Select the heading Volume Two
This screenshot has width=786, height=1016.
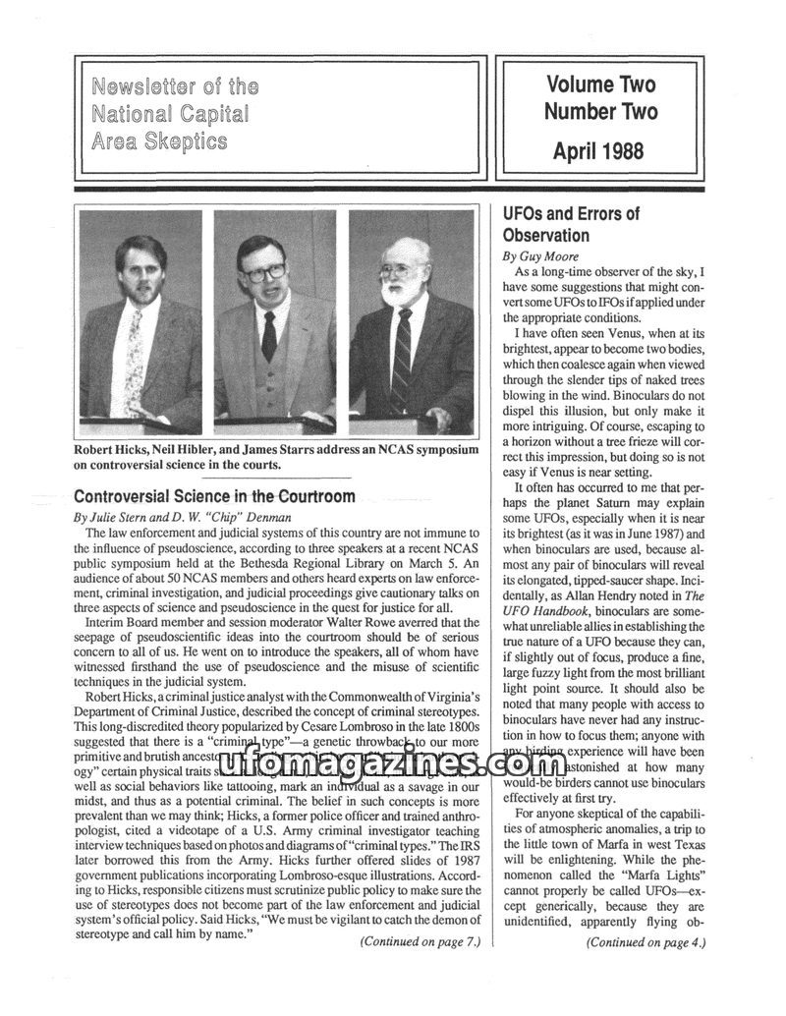[600, 85]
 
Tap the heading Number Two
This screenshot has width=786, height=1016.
[600, 112]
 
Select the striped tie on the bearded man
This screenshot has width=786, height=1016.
[402, 359]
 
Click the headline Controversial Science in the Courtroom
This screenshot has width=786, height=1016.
[214, 496]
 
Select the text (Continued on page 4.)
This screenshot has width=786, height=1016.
[646, 942]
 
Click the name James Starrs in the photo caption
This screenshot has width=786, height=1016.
[314, 449]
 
